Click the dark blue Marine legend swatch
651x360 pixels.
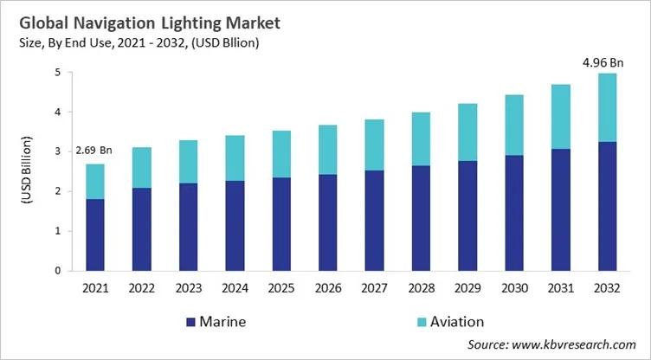[x=191, y=322]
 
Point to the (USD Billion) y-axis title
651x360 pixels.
[x=28, y=172]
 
